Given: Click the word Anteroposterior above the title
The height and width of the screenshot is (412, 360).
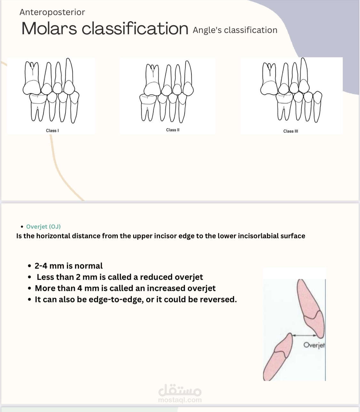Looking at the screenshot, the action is [x=52, y=12].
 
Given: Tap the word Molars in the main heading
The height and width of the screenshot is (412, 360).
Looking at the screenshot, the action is [x=49, y=28].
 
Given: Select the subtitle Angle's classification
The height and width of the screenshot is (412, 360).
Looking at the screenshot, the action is [x=235, y=30].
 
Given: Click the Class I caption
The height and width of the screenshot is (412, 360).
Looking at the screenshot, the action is [x=52, y=131].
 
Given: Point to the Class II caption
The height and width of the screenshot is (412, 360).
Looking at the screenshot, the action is [x=173, y=130].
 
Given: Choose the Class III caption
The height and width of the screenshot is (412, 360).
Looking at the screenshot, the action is [x=291, y=131].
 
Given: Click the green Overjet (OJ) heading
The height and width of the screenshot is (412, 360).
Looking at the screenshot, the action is [x=43, y=226].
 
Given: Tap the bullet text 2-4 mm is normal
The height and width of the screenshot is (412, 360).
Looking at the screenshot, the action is [x=68, y=266].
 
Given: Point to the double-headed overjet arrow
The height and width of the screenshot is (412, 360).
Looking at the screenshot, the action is [x=304, y=336].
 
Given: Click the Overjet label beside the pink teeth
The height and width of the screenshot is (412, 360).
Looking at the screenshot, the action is [x=314, y=345].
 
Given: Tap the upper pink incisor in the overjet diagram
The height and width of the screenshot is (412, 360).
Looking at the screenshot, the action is [x=310, y=308].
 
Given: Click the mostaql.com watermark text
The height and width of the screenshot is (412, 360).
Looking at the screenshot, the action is [x=180, y=400].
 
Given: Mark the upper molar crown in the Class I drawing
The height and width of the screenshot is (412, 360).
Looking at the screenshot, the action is [x=32, y=88].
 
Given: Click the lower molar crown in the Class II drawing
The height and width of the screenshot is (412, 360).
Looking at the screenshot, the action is [x=148, y=99].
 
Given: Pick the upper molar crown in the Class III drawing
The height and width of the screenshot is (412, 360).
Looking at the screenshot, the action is [x=269, y=88].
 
